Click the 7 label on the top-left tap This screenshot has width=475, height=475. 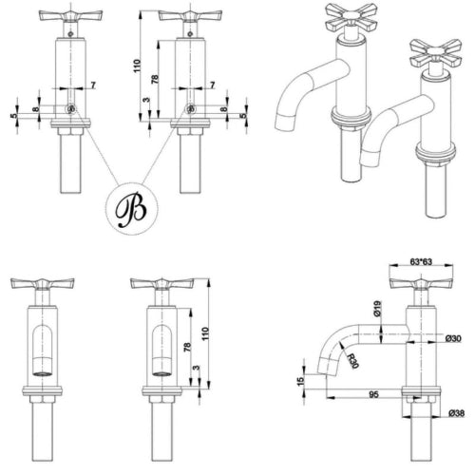point(93,86)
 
